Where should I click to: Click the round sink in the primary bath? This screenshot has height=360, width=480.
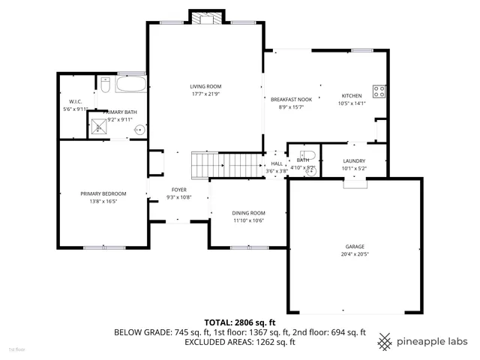click(139, 130)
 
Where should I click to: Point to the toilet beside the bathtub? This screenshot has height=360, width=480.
click(106, 86)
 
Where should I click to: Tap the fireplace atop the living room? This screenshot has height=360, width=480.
click(206, 17)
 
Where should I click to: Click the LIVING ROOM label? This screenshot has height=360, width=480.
click(205, 87)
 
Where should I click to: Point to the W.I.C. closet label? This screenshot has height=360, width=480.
click(75, 101)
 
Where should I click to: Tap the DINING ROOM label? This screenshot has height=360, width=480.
click(248, 213)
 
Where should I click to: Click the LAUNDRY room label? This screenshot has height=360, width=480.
click(354, 160)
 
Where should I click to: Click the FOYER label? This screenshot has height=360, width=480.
click(178, 190)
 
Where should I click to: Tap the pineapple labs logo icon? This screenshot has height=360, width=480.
click(385, 340)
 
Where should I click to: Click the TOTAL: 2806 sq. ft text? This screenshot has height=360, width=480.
click(240, 322)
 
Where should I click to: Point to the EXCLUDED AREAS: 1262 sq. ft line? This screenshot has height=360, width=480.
click(240, 342)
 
